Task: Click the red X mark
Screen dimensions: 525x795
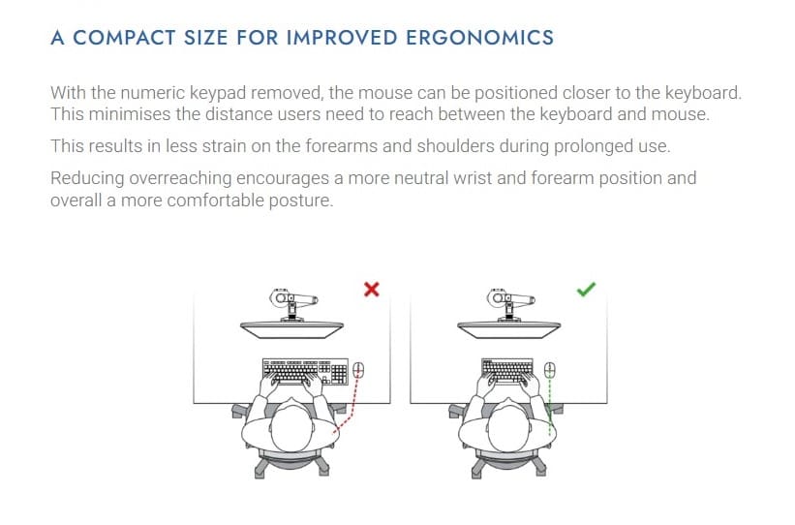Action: coord(371,289)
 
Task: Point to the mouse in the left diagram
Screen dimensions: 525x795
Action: coord(358,371)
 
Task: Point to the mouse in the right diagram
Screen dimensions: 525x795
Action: coord(550,370)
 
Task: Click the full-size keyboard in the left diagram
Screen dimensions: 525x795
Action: coord(304,372)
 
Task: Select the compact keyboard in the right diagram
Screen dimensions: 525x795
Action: coord(507,372)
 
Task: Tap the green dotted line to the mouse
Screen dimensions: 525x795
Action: coord(550,402)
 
